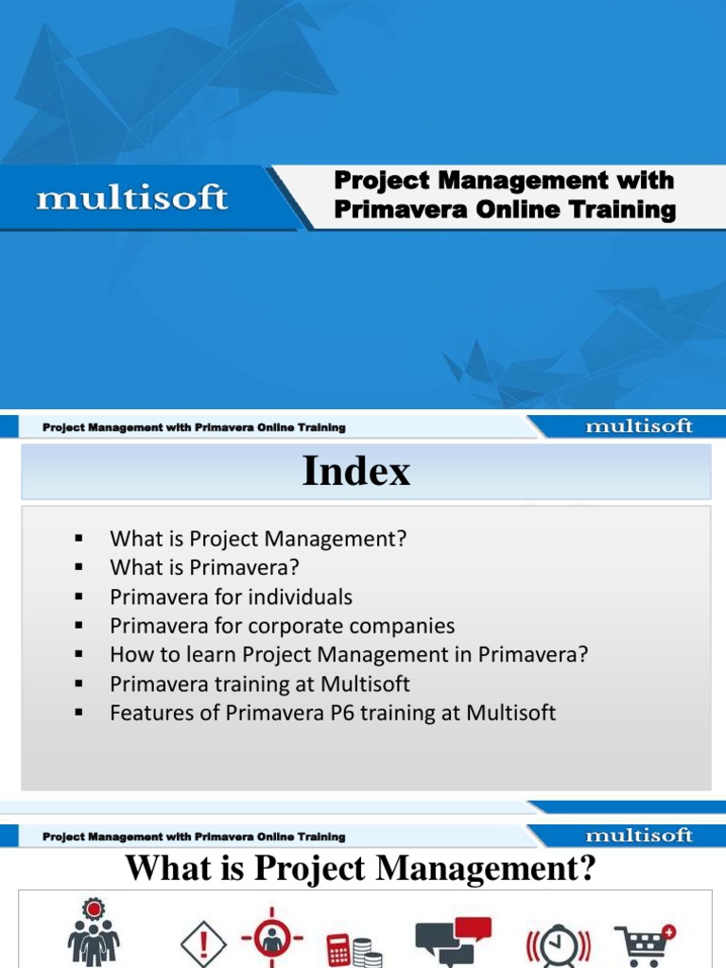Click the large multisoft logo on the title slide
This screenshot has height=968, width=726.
[131, 199]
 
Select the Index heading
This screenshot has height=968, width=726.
[356, 471]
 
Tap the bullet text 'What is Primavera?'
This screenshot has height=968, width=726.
[204, 568]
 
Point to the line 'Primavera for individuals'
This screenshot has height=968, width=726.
[231, 597]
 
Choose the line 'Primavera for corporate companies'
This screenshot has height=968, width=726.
[282, 626]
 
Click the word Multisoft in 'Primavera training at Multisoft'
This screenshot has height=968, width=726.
[364, 683]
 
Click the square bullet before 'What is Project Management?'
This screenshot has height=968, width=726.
[78, 540]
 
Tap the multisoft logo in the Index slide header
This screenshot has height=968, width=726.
[638, 426]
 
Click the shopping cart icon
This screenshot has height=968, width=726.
[645, 942]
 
